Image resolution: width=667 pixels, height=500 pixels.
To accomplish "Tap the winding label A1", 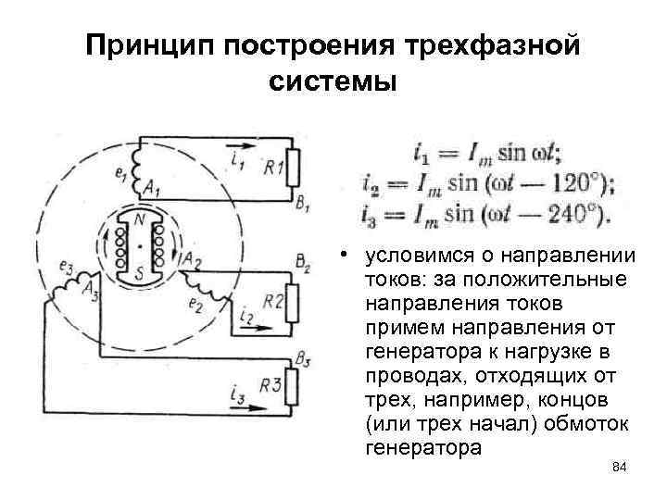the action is [x=151, y=190].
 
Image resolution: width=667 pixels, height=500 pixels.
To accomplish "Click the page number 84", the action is [x=621, y=470].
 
